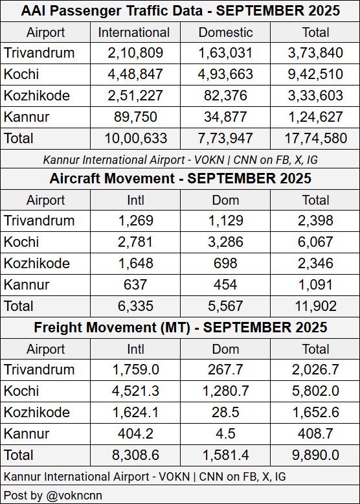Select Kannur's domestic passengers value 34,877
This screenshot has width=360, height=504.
(225, 117)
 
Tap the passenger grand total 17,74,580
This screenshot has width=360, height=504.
(315, 138)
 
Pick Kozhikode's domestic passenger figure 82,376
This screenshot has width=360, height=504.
(225, 96)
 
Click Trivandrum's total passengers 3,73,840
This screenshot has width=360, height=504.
(315, 53)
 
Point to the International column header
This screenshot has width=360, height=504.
(134, 32)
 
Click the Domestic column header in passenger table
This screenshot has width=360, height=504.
(225, 32)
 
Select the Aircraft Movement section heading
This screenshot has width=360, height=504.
(180, 178)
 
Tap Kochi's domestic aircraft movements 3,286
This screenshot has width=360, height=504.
(225, 242)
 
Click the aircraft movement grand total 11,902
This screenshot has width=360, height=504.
(315, 305)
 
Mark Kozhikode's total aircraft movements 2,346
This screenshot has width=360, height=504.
(315, 263)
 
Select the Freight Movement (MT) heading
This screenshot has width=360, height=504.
(180, 327)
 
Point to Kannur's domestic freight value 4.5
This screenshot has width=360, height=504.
(225, 433)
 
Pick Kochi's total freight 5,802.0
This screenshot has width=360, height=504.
(315, 391)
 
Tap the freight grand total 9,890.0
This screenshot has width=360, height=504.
(315, 454)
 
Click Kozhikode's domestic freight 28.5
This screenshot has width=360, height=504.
(225, 412)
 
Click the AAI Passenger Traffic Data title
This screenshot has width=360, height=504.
(180, 11)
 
